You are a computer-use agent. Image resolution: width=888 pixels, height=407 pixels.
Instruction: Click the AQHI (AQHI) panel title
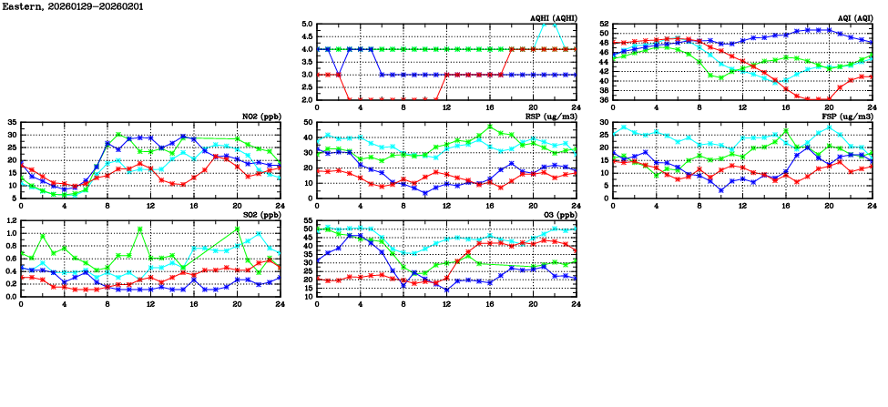[x=555, y=18]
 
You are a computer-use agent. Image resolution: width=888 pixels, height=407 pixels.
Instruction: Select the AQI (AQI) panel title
[x=854, y=18]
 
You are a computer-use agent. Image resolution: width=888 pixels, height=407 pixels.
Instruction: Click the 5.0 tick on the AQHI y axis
[x=307, y=25]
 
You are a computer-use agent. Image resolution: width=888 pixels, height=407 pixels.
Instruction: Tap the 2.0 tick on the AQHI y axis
[x=307, y=99]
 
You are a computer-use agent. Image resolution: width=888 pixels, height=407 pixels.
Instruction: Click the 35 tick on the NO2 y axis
[x=12, y=122]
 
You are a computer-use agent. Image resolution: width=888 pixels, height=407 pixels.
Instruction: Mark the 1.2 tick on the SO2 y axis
[x=10, y=220]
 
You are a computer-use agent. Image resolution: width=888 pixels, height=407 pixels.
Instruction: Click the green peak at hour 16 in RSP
[x=490, y=127]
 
